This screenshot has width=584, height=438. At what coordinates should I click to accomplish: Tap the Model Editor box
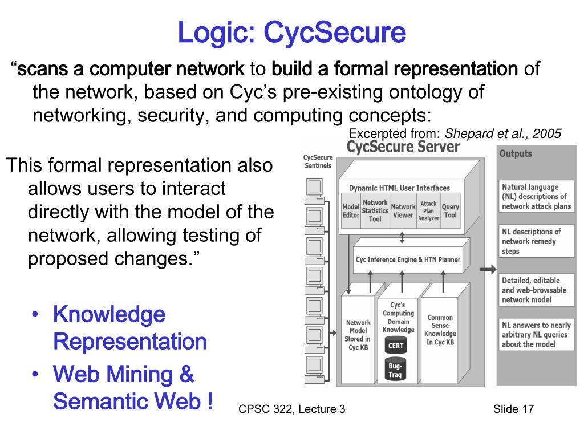click(x=350, y=211)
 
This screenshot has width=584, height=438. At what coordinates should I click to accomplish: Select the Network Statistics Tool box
click(x=375, y=211)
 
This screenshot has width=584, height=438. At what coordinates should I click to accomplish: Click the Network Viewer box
click(x=403, y=211)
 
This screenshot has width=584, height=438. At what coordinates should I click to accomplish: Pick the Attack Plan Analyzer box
click(x=428, y=211)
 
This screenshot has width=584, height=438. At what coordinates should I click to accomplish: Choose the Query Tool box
click(x=451, y=211)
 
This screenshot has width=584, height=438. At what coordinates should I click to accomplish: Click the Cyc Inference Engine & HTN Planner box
click(x=408, y=260)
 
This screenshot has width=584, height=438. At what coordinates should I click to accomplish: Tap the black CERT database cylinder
click(x=395, y=346)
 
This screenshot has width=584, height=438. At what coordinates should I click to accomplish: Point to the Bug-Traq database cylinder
click(x=395, y=370)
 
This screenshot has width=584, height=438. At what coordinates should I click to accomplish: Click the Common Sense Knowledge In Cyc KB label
click(x=440, y=330)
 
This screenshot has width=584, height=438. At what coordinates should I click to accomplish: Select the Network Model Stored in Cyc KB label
click(x=358, y=335)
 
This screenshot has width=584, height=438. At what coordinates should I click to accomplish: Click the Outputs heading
click(x=516, y=153)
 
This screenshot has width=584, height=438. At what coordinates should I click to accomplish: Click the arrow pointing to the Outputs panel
click(x=487, y=270)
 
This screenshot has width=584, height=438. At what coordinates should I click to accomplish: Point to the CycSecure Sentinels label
click(x=317, y=161)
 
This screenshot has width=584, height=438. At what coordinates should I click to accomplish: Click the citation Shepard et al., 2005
click(x=502, y=134)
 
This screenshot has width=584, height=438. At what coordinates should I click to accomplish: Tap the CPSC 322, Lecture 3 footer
click(x=292, y=409)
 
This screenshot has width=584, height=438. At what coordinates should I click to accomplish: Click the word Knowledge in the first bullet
click(x=109, y=315)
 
